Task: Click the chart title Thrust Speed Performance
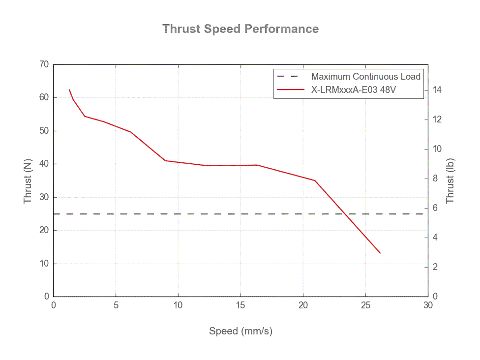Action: pos(240,29)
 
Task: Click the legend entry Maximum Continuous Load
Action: pos(365,76)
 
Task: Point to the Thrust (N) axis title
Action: pos(28,180)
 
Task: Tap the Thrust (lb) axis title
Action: pos(450,180)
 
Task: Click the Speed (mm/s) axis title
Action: pos(240,331)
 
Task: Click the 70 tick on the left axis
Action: pos(44,64)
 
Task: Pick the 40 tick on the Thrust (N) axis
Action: pos(44,164)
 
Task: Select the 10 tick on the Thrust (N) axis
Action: pos(44,264)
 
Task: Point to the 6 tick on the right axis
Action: pos(435,208)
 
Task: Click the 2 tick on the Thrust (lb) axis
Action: pos(435,267)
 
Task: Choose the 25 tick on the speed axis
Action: pos(365,305)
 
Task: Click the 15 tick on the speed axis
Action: pos(240,305)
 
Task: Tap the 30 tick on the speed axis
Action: pos(428,305)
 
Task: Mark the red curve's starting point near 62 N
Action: pos(69,90)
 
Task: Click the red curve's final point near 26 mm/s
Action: pos(380,253)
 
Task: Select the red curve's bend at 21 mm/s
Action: pos(315,180)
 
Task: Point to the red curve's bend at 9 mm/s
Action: pos(165,160)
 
